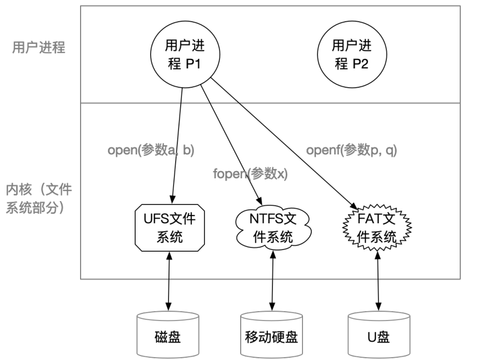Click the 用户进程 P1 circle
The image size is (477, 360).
pos(185,54)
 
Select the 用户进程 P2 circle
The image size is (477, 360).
pos(352,54)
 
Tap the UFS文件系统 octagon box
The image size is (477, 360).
pos(170,228)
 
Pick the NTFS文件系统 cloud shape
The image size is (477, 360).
pos(273,228)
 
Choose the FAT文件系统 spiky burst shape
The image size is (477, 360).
pos(377,228)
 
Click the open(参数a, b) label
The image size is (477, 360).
pos(151,149)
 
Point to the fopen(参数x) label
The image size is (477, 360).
pos(250,174)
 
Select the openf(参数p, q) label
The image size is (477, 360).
pos(352,149)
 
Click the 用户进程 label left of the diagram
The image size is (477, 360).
pos(38,47)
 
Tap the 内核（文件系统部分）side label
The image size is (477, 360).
pos(38,198)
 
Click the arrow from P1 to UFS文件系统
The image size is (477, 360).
pos(177,146)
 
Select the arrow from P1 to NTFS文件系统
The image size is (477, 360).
pos(231,145)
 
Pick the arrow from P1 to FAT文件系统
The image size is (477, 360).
pos(284,143)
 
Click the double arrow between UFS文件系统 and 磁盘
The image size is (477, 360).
pos(169,281)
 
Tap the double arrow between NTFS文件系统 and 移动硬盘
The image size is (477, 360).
pos(272,281)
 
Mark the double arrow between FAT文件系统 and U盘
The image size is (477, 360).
pos(378,281)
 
